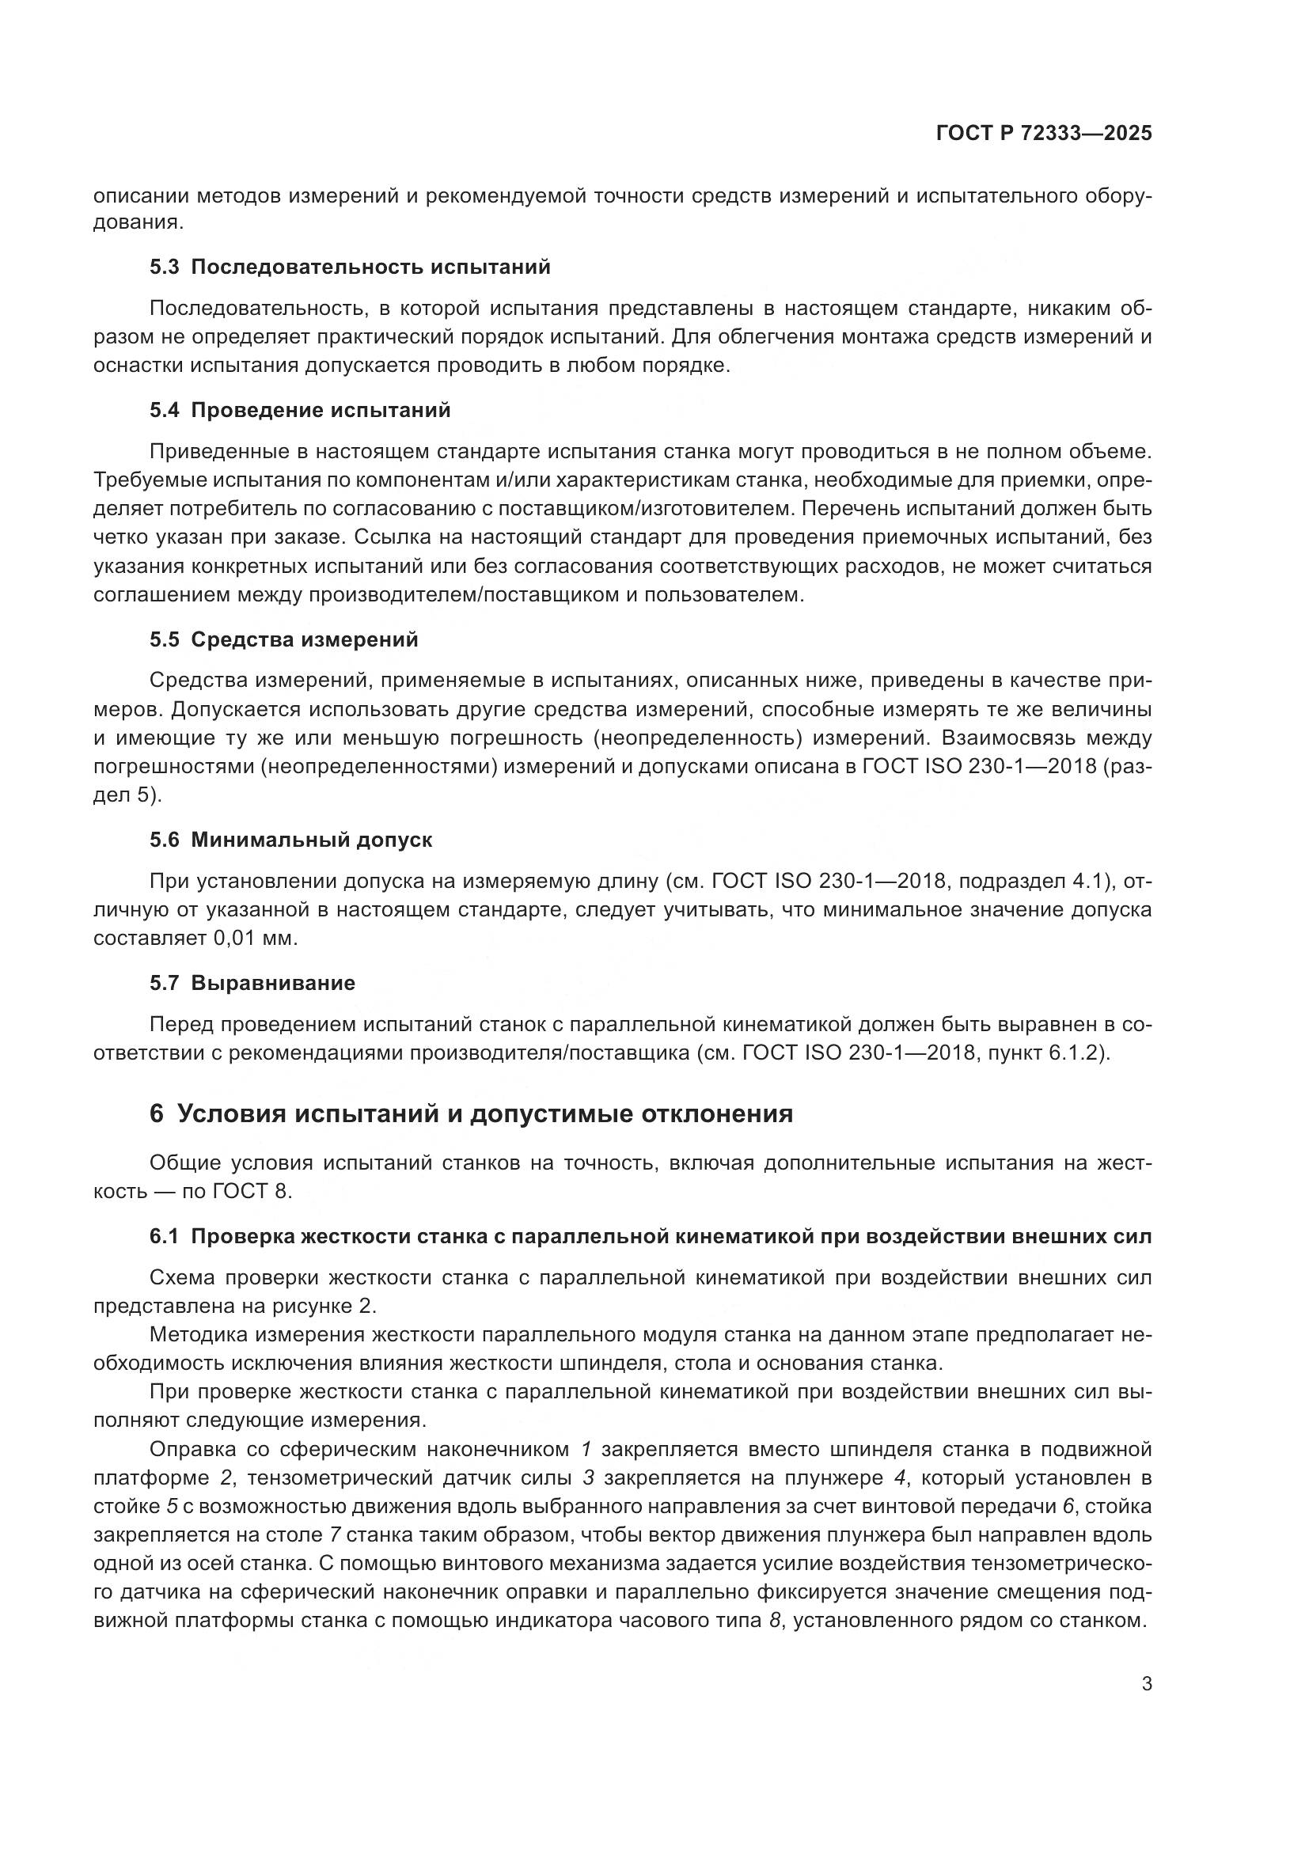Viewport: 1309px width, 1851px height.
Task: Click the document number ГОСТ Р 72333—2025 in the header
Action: pos(1044,134)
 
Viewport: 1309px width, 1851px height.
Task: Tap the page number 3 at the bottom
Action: pos(1147,1684)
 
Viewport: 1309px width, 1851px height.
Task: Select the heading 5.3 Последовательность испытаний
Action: pos(350,267)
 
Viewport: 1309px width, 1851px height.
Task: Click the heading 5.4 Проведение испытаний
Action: pos(300,411)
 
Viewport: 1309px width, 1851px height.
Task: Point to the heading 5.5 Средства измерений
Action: pos(284,639)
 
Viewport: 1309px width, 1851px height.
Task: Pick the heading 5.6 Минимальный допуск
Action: pos(291,840)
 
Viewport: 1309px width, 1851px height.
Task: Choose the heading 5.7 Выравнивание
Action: pos(252,983)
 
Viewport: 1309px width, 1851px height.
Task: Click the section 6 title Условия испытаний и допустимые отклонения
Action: pos(471,1113)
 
